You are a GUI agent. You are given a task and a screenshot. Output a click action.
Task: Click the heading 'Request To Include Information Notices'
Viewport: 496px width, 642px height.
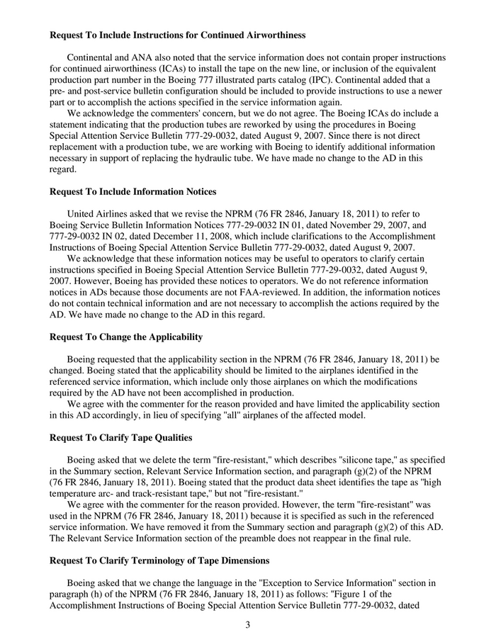point(133,191)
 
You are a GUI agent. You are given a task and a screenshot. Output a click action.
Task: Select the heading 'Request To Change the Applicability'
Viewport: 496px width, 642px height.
point(126,337)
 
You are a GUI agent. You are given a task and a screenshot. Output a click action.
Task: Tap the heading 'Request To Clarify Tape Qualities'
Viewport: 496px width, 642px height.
point(121,437)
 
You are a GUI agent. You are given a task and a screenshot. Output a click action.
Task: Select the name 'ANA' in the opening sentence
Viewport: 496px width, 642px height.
point(140,57)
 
